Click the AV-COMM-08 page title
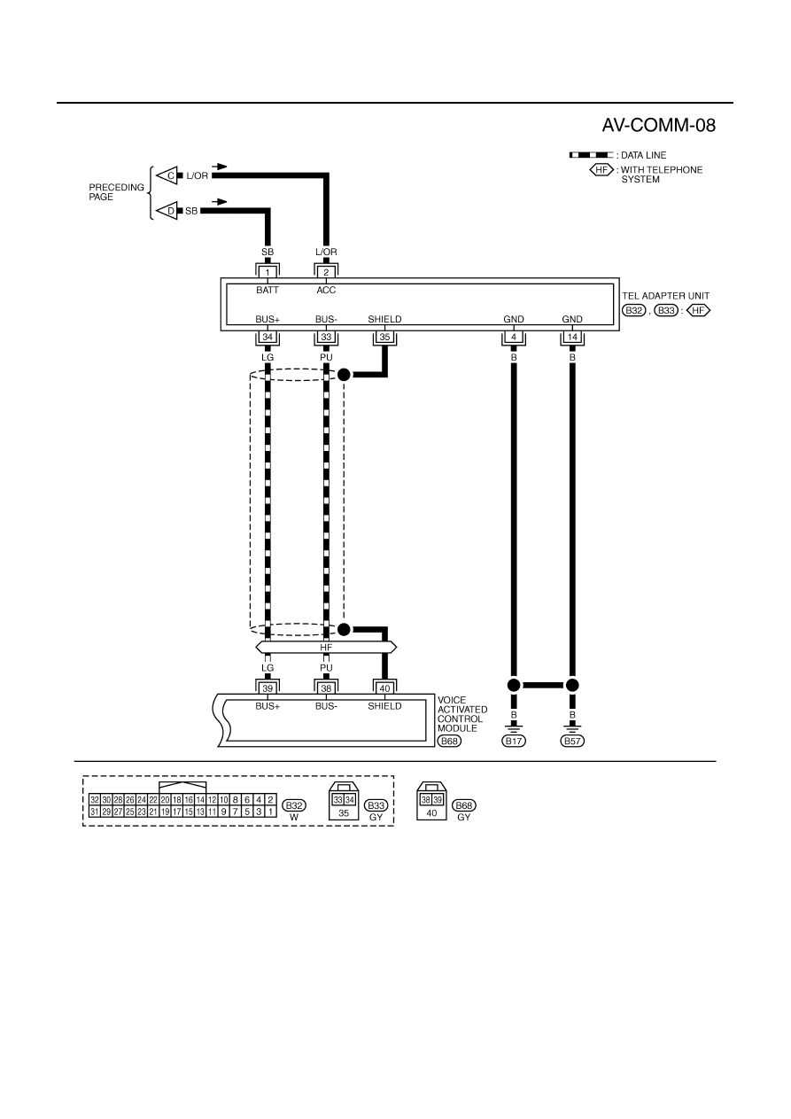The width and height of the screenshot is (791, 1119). pyautogui.click(x=659, y=126)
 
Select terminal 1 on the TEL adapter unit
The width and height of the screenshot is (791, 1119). pyautogui.click(x=268, y=272)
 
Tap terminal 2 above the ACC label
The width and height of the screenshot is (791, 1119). pyautogui.click(x=326, y=272)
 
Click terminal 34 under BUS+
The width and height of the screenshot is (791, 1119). pyautogui.click(x=268, y=337)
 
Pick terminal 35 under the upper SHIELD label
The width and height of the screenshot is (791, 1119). pyautogui.click(x=384, y=337)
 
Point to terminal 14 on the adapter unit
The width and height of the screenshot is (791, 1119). pyautogui.click(x=572, y=337)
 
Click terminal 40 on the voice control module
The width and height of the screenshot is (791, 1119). pyautogui.click(x=384, y=688)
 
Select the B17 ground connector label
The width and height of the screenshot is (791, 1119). pyautogui.click(x=514, y=741)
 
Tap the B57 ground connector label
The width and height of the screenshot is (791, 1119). pyautogui.click(x=572, y=741)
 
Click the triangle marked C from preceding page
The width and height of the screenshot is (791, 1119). pyautogui.click(x=168, y=175)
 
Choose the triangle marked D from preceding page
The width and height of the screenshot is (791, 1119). pyautogui.click(x=168, y=211)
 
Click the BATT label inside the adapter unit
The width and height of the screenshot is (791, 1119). pyautogui.click(x=268, y=291)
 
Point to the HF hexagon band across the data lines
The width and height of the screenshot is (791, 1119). pyautogui.click(x=326, y=648)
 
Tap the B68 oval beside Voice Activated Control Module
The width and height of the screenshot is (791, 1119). pyautogui.click(x=449, y=741)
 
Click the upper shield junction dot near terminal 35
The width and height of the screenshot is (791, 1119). pyautogui.click(x=344, y=375)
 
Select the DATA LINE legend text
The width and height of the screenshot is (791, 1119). pyautogui.click(x=644, y=155)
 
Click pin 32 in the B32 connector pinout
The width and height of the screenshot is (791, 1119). pyautogui.click(x=95, y=800)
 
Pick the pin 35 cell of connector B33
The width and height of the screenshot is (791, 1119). pyautogui.click(x=344, y=812)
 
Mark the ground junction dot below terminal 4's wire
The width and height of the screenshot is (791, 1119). pyautogui.click(x=514, y=685)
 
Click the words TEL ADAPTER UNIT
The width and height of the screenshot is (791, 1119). pyautogui.click(x=665, y=296)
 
